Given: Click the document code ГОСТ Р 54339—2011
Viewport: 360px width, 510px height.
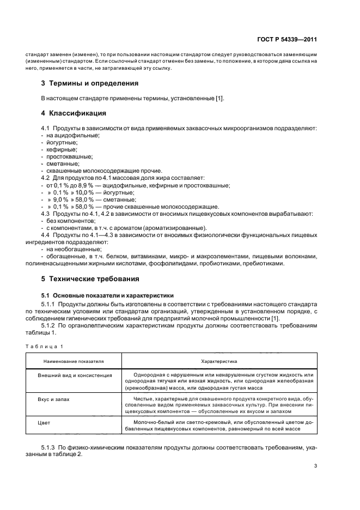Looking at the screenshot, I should (x=287, y=40).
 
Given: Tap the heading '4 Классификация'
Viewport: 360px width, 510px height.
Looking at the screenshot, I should (x=74, y=113).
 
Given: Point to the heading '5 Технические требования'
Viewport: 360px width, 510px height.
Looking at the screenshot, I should (x=90, y=278).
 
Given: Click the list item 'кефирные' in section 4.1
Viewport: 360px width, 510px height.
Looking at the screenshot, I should (x=62, y=149).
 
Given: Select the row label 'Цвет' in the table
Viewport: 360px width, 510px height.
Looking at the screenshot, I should (x=44, y=422).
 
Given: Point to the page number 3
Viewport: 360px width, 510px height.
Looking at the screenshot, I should (x=315, y=466).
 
